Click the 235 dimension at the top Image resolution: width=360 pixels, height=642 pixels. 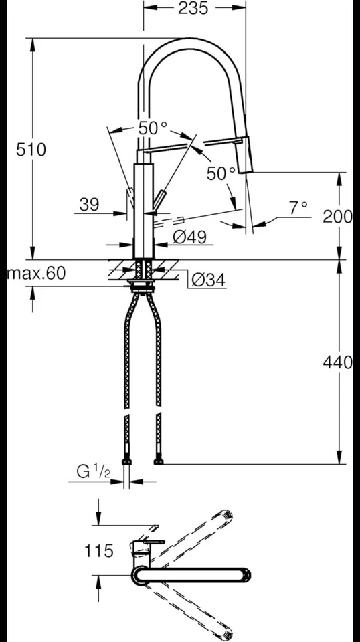click(x=193, y=9)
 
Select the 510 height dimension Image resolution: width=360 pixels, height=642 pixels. click(x=31, y=149)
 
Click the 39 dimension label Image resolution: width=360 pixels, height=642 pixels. click(x=89, y=205)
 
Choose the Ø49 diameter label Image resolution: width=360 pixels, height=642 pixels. click(x=189, y=237)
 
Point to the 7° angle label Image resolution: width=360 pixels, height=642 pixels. click(x=298, y=208)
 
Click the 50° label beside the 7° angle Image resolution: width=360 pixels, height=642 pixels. click(x=221, y=173)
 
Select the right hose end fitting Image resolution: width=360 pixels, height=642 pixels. click(x=158, y=461)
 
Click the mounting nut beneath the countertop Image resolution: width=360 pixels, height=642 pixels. click(x=142, y=288)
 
